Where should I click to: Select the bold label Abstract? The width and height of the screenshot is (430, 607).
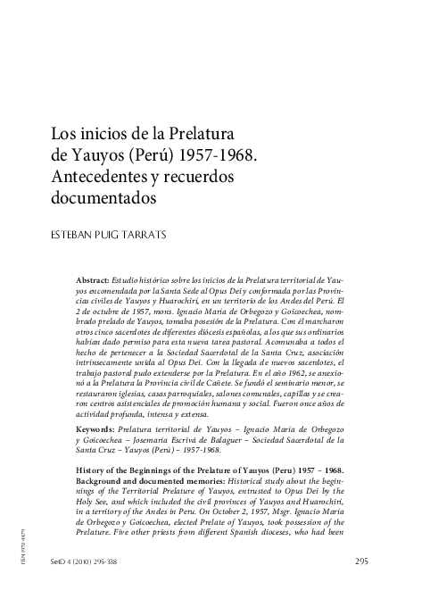coord(93,280)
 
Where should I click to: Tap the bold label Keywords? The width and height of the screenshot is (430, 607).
coord(96,429)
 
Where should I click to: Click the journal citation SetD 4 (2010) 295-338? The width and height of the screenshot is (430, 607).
coord(81,586)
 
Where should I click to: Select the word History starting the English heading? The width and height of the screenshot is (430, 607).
coord(93,470)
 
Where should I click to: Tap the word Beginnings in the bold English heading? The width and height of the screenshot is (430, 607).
coord(158,470)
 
